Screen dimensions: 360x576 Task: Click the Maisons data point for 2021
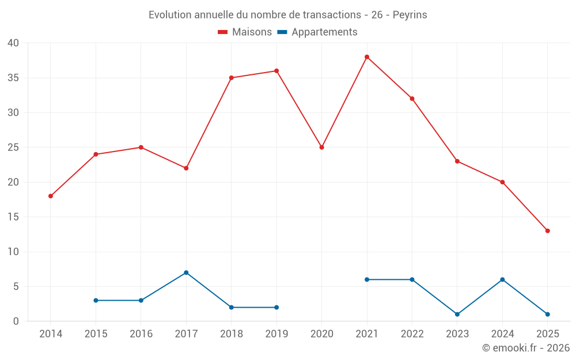367,57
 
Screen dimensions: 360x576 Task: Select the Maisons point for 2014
51,196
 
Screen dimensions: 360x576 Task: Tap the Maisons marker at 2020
321,147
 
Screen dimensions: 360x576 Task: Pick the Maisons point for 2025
547,231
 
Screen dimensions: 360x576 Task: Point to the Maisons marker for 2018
231,78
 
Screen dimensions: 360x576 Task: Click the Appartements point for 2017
186,272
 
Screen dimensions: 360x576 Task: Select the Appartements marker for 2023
457,314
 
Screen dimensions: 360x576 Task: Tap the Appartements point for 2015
96,301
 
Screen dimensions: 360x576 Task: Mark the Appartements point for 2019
276,308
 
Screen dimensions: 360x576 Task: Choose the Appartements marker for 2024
502,279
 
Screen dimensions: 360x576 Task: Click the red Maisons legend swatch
223,32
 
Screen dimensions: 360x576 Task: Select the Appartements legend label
324,32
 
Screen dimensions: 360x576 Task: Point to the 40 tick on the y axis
13,43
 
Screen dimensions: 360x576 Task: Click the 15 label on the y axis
13,217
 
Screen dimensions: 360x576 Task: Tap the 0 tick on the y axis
16,321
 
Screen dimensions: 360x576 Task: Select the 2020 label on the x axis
321,334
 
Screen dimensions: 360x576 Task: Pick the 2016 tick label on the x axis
141,334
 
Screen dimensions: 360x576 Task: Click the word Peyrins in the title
410,15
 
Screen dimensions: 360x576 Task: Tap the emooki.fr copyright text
525,348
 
